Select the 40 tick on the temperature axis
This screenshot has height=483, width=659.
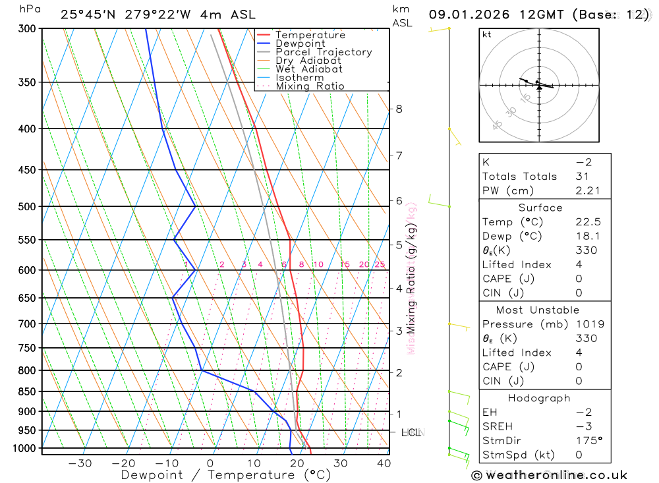383,463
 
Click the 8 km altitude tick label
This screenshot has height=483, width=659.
399,109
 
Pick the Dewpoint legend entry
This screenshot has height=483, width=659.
300,43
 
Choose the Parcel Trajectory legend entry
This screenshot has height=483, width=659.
324,52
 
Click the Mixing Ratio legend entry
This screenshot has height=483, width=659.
310,86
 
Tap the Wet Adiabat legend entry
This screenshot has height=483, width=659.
308,69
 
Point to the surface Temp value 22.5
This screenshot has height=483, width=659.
588,222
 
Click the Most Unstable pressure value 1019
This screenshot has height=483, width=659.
588,324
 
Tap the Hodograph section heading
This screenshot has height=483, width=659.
540,399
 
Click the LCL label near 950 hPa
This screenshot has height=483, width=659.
411,433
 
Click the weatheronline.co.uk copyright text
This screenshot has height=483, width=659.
549,474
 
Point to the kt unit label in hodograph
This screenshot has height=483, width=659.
486,34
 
